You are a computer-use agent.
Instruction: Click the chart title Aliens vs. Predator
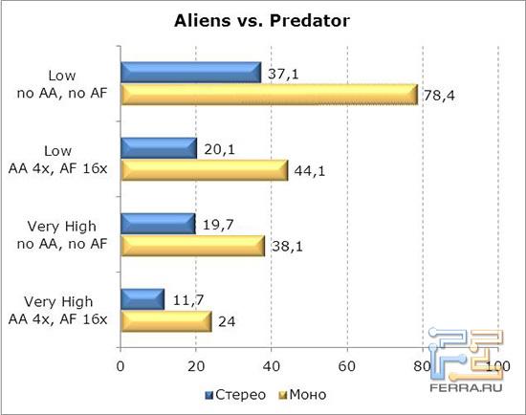pos(261,20)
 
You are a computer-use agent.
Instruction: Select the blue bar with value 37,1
pos(190,73)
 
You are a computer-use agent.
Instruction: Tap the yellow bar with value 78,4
pos(269,95)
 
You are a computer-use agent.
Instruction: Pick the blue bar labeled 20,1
pos(159,148)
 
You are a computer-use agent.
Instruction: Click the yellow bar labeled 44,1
pos(204,170)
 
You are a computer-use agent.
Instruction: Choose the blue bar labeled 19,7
pos(158,224)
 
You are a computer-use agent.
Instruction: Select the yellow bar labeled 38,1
pos(192,246)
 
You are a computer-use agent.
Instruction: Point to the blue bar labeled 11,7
pos(142,299)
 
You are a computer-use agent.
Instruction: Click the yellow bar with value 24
pos(165,321)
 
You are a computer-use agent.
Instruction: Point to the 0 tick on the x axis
pos(121,366)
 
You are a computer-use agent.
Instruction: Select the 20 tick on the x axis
pos(196,366)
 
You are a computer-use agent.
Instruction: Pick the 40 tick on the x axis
pos(272,366)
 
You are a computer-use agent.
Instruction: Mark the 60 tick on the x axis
pos(346,366)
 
